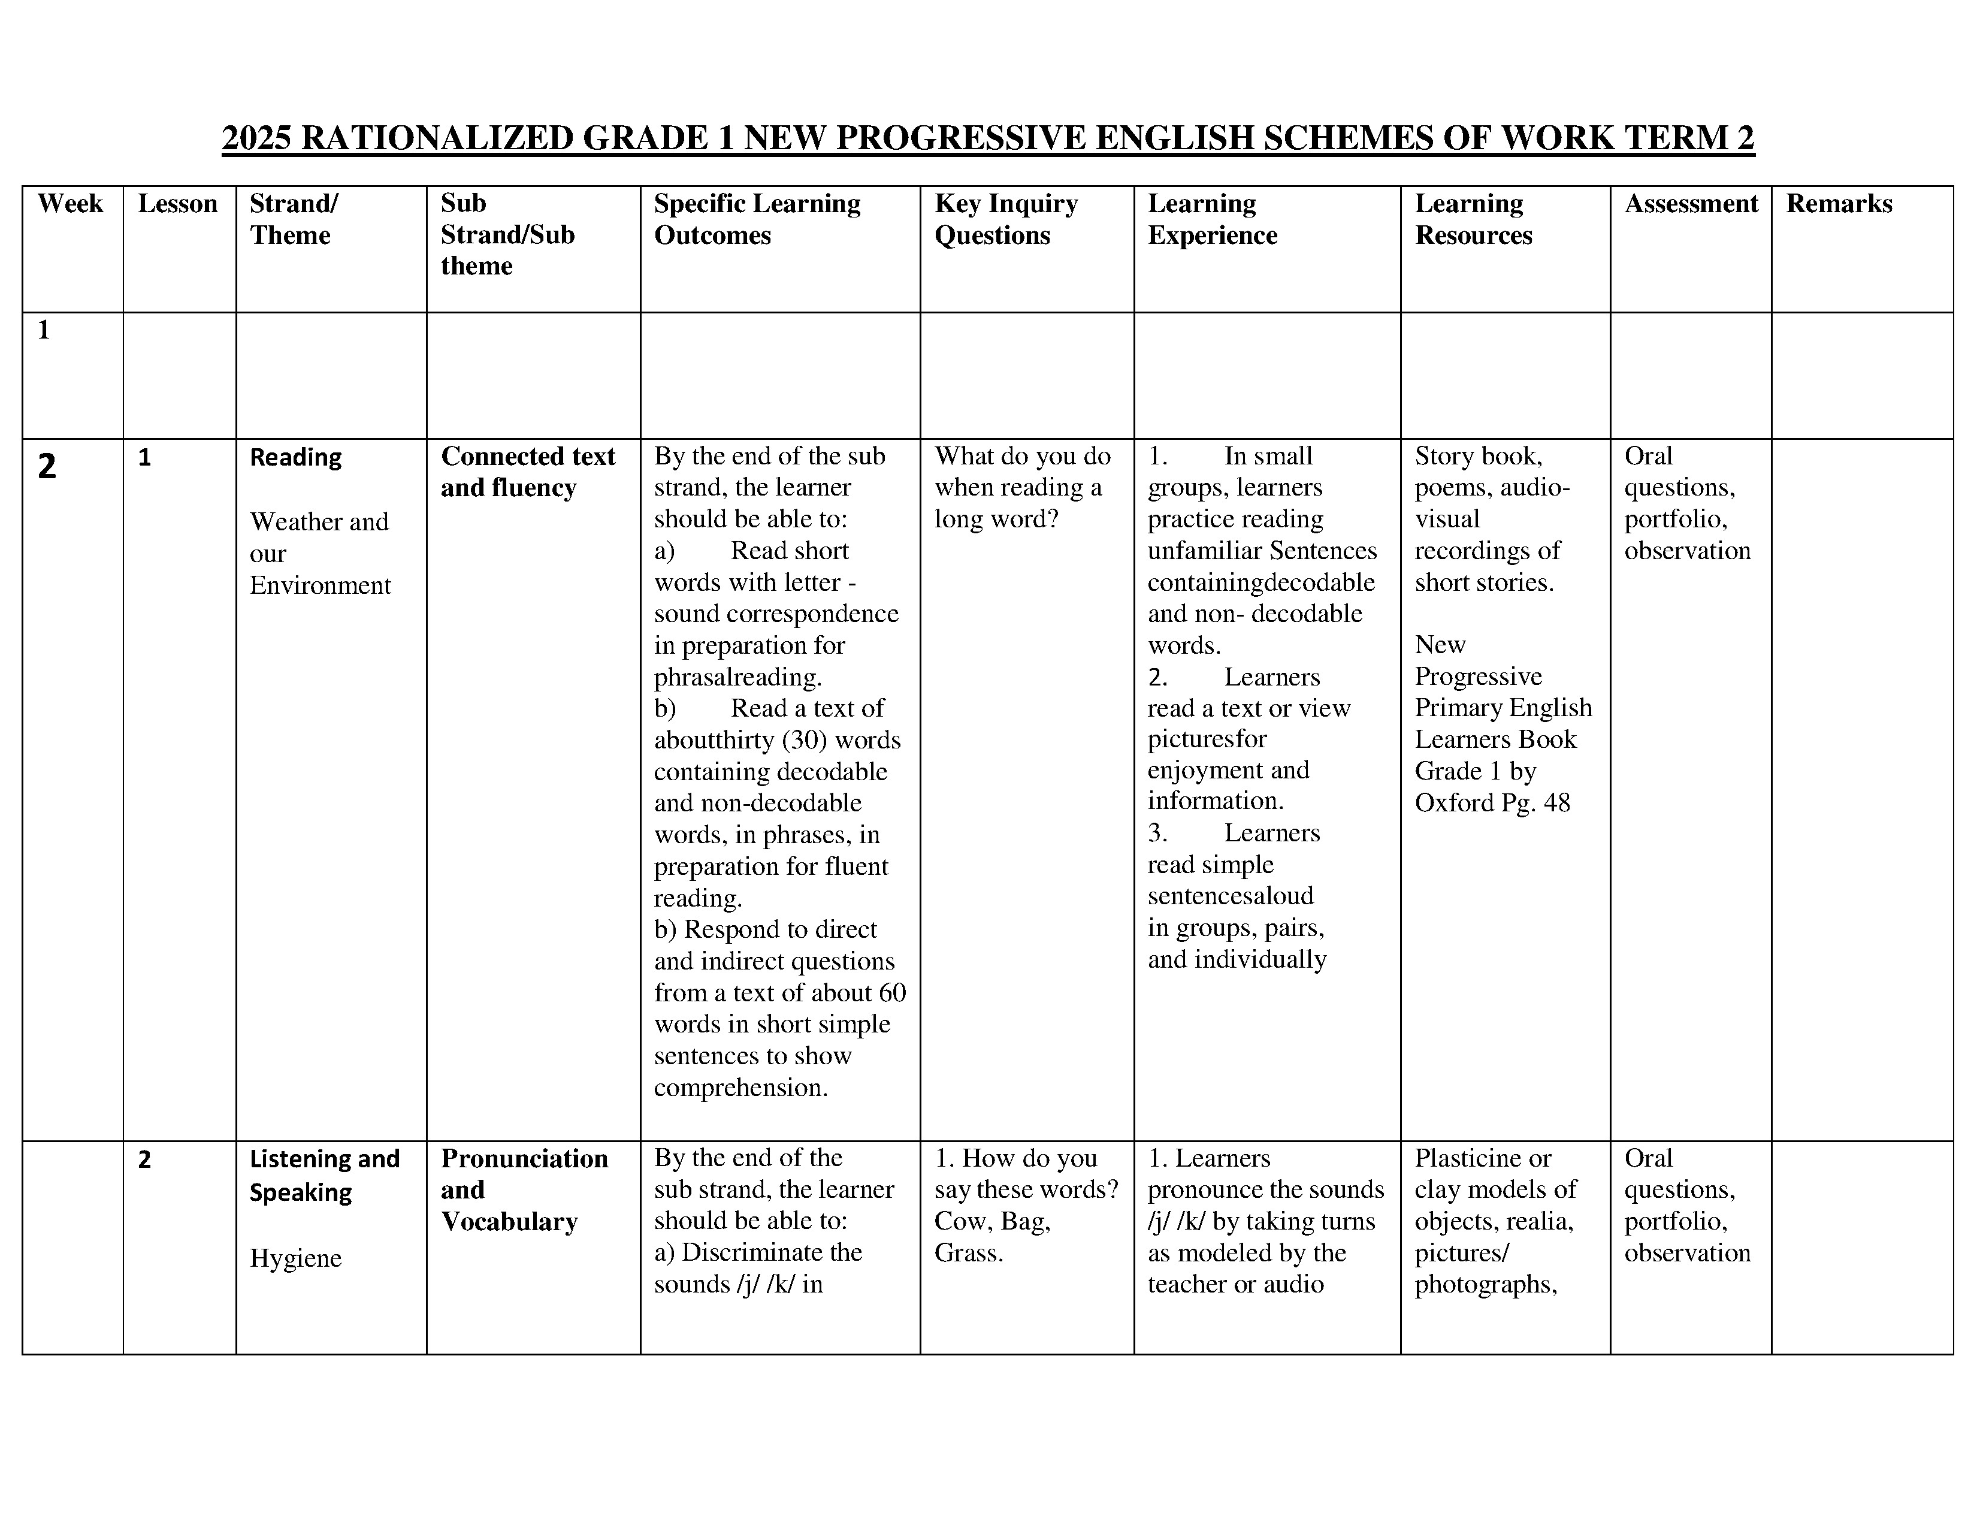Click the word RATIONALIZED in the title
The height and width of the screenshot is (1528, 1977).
[436, 138]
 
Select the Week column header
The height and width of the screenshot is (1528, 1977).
[71, 204]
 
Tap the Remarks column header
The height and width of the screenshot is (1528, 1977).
[1839, 204]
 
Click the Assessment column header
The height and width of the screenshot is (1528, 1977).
[1690, 204]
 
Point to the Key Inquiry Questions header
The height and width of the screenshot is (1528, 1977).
[1006, 219]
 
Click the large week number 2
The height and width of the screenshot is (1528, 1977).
[47, 466]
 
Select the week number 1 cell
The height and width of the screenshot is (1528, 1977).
[44, 330]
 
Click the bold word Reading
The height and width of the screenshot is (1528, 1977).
[295, 458]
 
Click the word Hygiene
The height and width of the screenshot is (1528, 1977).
[295, 1258]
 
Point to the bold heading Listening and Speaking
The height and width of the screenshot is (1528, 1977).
[324, 1175]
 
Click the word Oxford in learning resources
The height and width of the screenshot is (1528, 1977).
[1454, 803]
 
